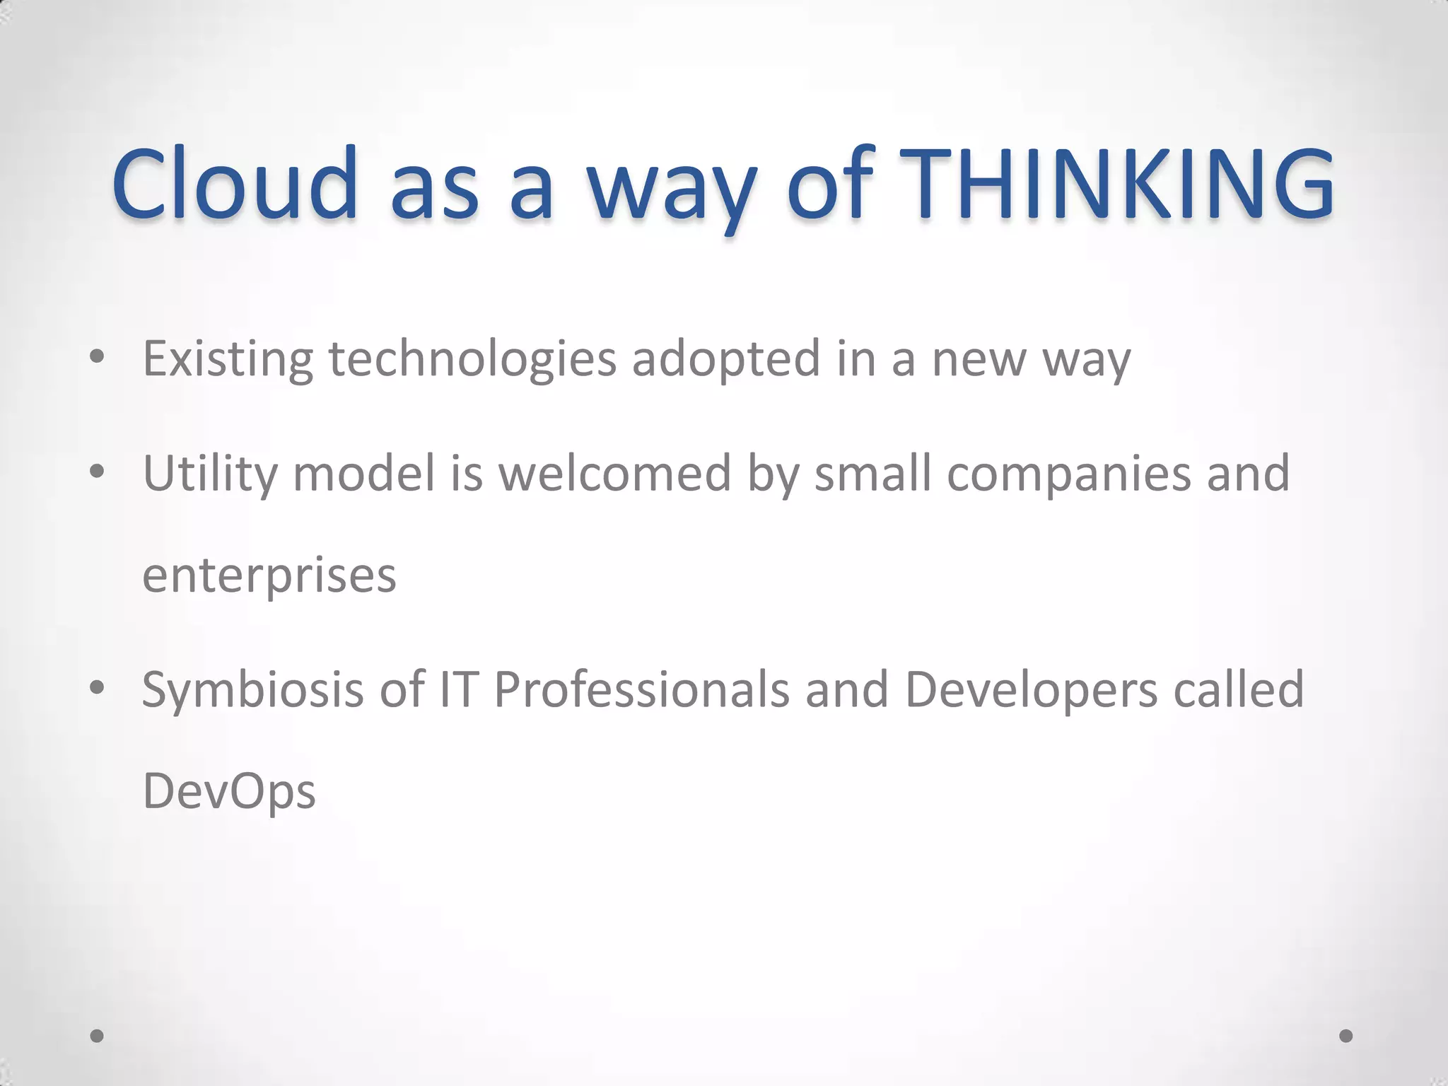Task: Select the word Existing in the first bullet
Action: click(228, 359)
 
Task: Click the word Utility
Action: click(210, 474)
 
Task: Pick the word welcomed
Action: click(615, 473)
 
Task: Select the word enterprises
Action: click(269, 576)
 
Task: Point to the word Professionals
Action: click(641, 689)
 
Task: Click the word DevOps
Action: click(229, 792)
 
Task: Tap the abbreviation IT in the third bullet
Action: click(458, 689)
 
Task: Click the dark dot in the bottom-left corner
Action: click(98, 1036)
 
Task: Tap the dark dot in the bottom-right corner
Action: click(1346, 1036)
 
